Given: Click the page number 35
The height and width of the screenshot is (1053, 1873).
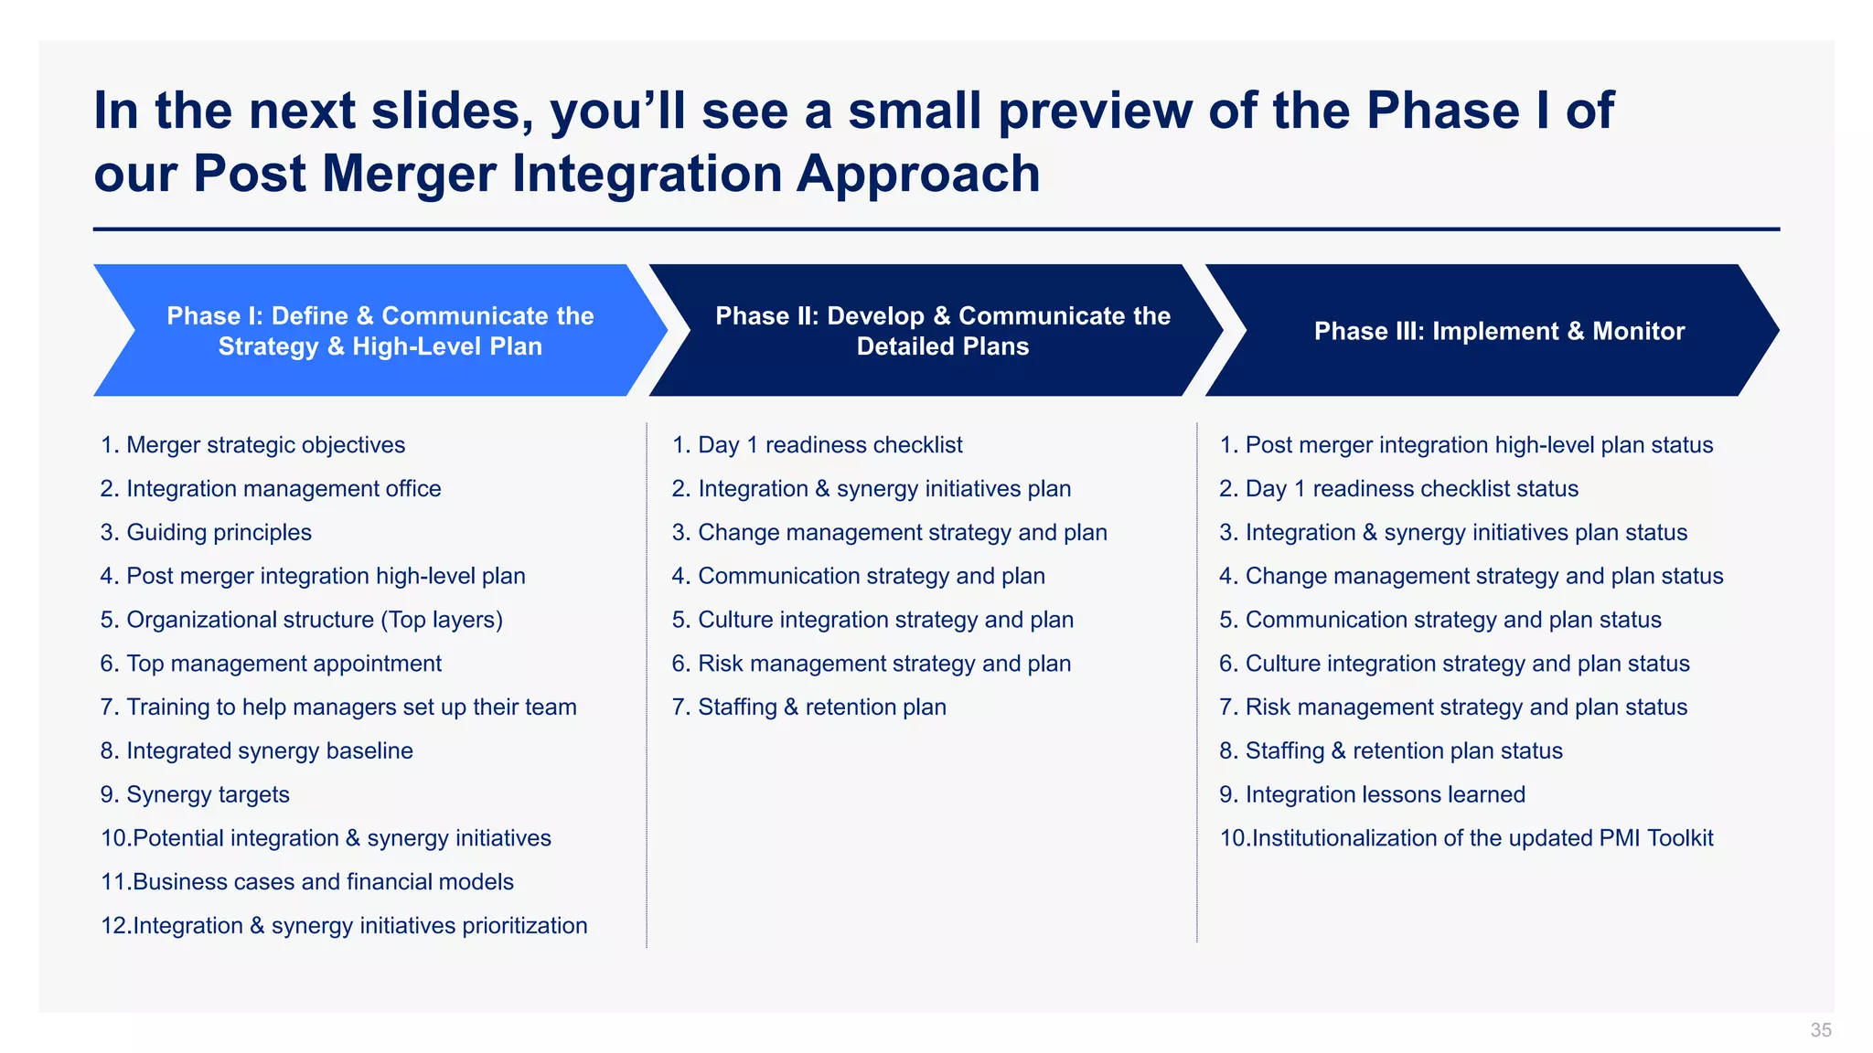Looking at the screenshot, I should pyautogui.click(x=1820, y=1030).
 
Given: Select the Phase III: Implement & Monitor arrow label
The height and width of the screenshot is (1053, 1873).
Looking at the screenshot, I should pyautogui.click(x=1498, y=331).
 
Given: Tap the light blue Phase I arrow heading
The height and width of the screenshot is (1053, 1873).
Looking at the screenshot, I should pyautogui.click(x=380, y=331).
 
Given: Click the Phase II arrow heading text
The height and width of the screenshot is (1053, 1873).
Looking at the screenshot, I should pyautogui.click(x=942, y=331).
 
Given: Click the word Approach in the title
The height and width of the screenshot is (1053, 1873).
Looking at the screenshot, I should pyautogui.click(x=917, y=174).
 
